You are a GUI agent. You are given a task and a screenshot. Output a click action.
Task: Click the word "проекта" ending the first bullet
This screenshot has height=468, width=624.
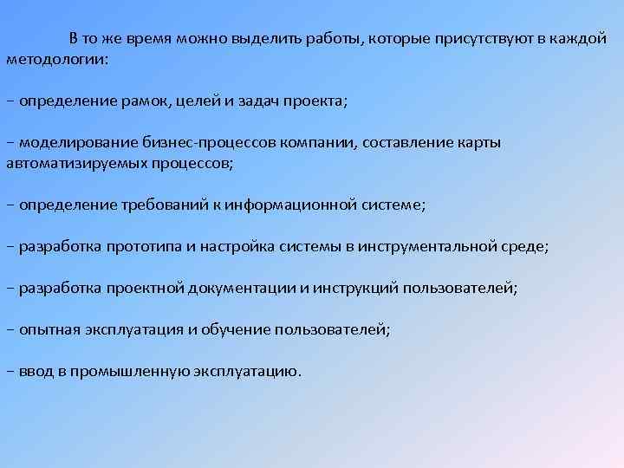point(316,101)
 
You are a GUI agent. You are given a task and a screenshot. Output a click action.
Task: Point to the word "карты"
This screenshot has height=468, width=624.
point(480,142)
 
